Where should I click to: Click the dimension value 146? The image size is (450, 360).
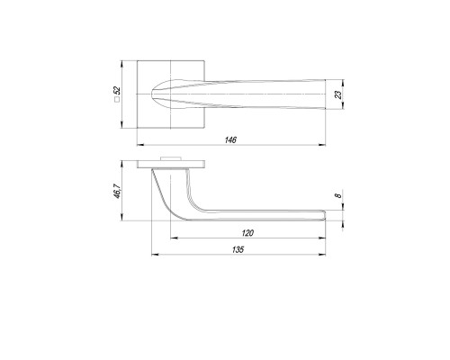(230, 139)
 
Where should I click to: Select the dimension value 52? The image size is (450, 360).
(117, 90)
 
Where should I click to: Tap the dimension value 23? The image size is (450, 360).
(338, 94)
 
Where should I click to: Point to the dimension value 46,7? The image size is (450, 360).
(117, 191)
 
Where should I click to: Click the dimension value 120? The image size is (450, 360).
(247, 233)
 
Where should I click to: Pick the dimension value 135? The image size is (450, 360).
(238, 249)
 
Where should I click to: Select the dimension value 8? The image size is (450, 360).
(338, 195)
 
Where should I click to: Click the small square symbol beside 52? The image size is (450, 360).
(117, 100)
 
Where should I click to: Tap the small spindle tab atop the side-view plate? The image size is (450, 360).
(171, 158)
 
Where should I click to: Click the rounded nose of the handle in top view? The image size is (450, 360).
(152, 94)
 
